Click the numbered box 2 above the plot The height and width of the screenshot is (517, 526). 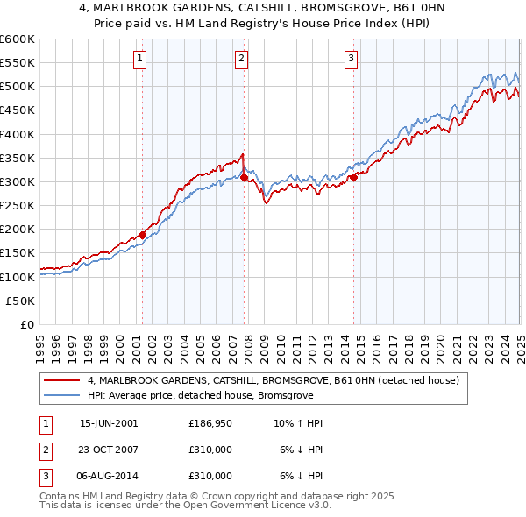pyautogui.click(x=242, y=59)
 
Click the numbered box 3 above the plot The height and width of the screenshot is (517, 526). pyautogui.click(x=351, y=59)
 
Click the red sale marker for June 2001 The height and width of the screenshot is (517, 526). pyautogui.click(x=142, y=235)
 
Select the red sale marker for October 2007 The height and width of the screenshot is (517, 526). pyautogui.click(x=244, y=177)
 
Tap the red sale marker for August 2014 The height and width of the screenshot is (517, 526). pyautogui.click(x=353, y=177)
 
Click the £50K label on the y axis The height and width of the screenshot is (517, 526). pyautogui.click(x=20, y=301)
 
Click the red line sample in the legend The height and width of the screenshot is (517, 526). pyautogui.click(x=61, y=381)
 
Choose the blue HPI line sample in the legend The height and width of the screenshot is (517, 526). pyautogui.click(x=61, y=395)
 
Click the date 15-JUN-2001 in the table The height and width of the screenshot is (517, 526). pyautogui.click(x=109, y=423)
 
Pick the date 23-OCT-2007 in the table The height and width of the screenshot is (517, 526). pyautogui.click(x=109, y=450)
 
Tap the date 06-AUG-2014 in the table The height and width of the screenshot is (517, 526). pyautogui.click(x=109, y=476)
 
